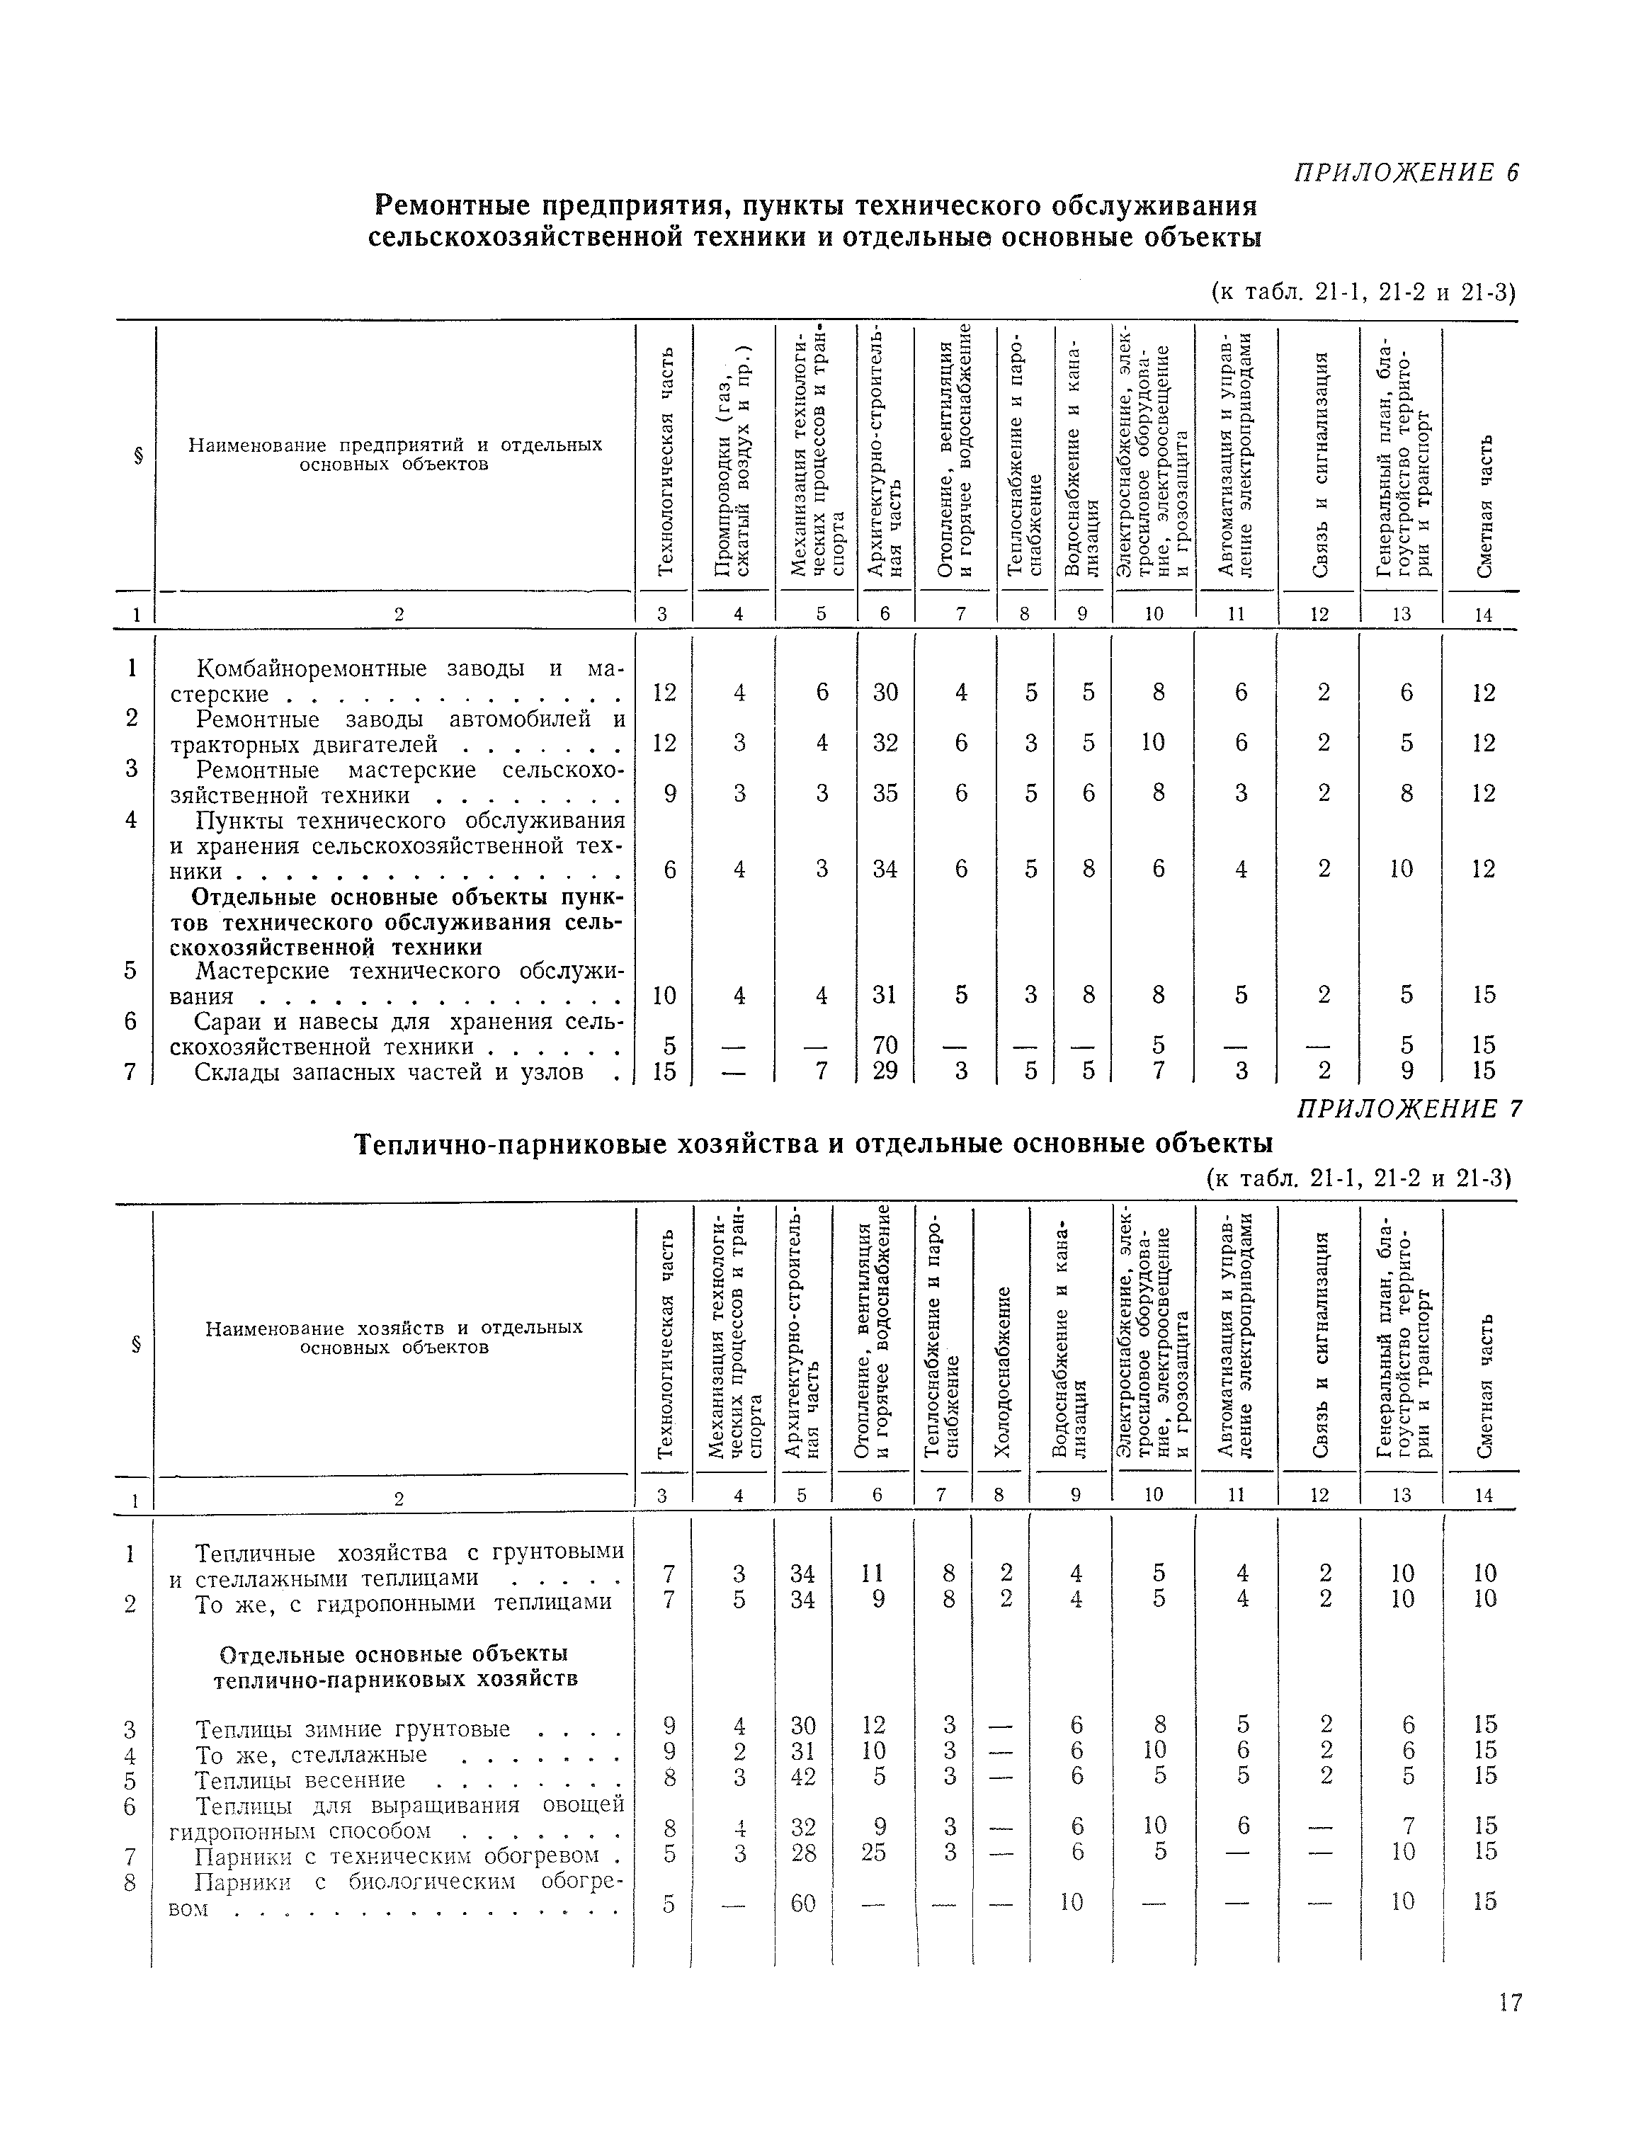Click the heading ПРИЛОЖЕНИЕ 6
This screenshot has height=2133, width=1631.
pos(1406,173)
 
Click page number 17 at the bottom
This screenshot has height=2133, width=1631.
pos(1510,2003)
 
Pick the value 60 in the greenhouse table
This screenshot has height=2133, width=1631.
pos(803,1903)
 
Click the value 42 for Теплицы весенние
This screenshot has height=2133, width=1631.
pos(803,1775)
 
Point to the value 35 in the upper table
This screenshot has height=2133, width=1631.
pos(885,793)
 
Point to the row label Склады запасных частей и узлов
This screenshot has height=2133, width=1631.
pos(388,1071)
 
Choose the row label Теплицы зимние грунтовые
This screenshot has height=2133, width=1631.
pos(353,1725)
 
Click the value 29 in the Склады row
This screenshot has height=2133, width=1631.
pos(885,1071)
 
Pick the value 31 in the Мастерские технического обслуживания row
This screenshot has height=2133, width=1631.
pos(885,995)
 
